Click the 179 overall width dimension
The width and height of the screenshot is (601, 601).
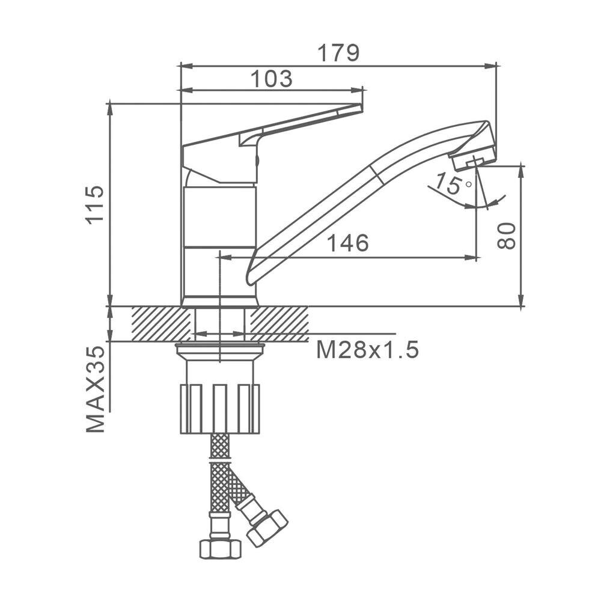coord(339,53)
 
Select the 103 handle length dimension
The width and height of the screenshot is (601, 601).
coord(272,79)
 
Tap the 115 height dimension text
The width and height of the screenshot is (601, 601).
coord(95,205)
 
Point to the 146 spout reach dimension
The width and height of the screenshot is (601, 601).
coord(348,243)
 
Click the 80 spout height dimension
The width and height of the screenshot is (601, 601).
coord(506,236)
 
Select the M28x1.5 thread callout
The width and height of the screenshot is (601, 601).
coord(367,350)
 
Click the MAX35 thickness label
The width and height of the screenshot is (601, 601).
coord(95,389)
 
